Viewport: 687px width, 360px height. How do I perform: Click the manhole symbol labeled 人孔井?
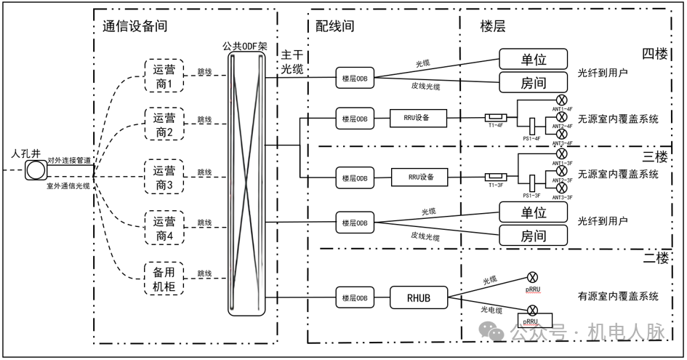coord(33,171)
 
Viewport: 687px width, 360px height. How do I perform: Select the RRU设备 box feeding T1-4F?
coord(418,118)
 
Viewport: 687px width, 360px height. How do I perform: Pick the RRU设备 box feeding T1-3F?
coord(418,177)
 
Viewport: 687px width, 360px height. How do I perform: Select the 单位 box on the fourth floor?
coord(533,59)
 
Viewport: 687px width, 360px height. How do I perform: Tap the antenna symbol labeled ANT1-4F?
coord(561,100)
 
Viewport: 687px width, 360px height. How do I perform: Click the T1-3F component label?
coord(497,187)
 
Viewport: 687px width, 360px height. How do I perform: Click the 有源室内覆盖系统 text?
coord(618,296)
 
